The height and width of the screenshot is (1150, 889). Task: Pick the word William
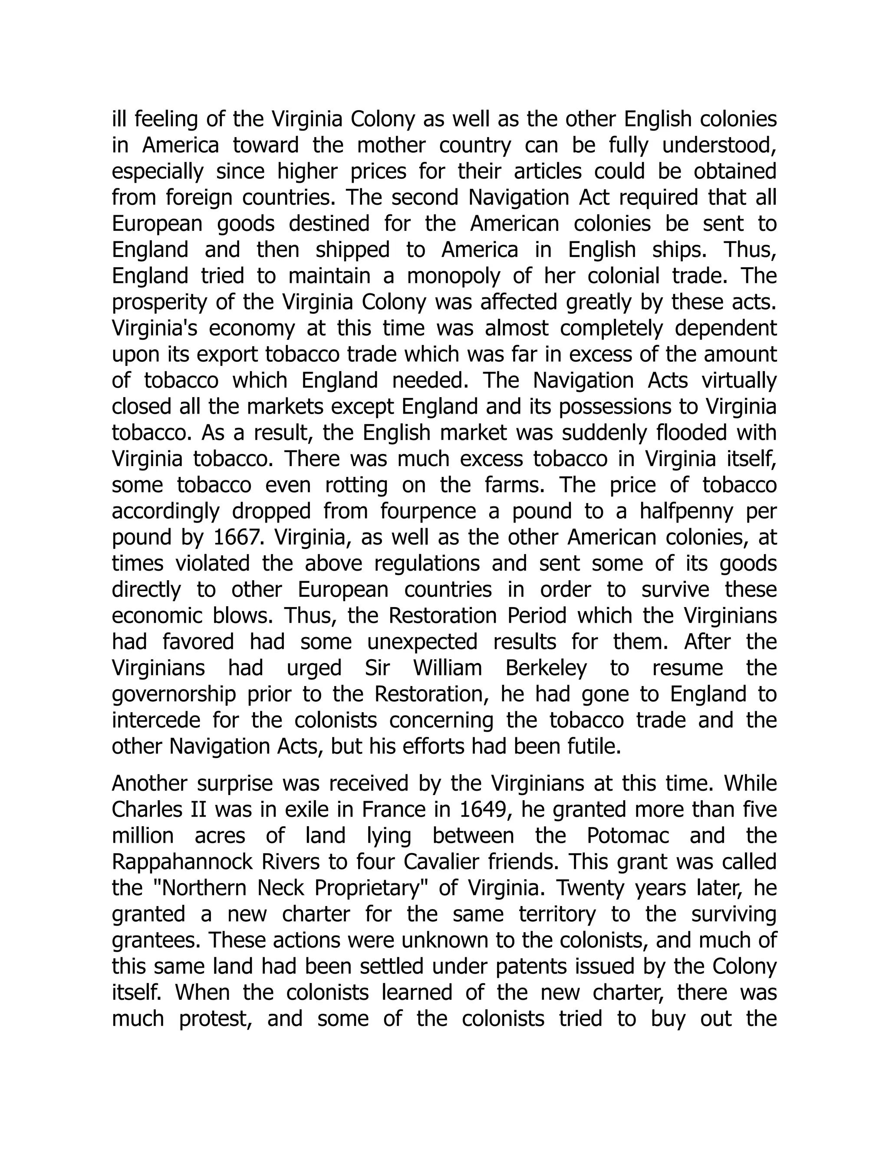[x=447, y=668]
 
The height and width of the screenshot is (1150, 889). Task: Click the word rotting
[x=356, y=485]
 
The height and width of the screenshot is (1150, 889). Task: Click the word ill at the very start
[x=120, y=119]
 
